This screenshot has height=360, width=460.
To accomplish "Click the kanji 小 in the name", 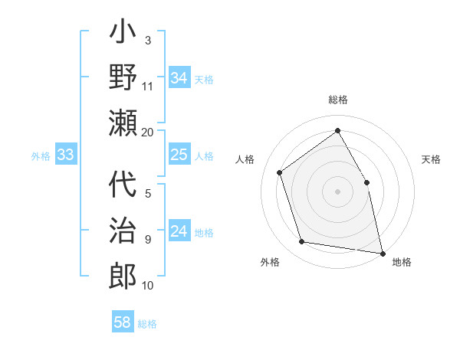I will coord(123,35).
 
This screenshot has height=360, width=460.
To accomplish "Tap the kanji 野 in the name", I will coord(123,78).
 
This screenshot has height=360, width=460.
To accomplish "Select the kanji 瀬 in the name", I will coord(123,122).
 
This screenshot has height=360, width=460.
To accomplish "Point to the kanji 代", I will coord(123,186).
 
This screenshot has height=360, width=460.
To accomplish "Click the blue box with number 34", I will coord(179,77).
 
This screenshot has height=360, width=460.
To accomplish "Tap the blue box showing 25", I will coord(179,155).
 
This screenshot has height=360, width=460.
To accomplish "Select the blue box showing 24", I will coord(179,231).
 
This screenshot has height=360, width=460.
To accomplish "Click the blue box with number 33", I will coord(65,155).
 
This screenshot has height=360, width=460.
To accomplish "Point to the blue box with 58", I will coord(123,322).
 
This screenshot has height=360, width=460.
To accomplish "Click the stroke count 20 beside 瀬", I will coord(148,132).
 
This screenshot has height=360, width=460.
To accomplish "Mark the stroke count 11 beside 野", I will coord(148,86).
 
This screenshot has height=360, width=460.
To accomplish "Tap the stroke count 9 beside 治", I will coord(148,240).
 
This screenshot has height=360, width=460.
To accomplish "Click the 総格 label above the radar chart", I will coord(337,100).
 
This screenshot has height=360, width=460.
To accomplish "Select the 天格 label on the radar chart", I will coord(432,159).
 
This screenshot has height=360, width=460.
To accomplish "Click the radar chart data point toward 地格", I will coord(381,252).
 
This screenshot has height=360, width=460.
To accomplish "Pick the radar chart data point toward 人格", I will coord(280,172).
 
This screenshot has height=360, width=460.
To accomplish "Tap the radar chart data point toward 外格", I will coord(302,242).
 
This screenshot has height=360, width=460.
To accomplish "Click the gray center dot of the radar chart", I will coord(337,191).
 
